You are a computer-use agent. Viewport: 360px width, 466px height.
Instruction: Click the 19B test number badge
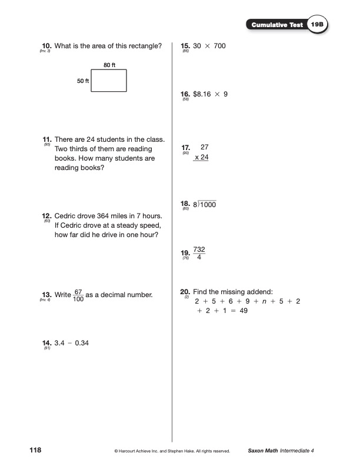318,25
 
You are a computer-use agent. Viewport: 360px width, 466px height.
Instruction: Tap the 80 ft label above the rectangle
109,65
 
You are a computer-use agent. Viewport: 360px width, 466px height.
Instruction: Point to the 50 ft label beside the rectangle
82,81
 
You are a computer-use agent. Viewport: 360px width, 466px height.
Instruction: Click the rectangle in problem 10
109,81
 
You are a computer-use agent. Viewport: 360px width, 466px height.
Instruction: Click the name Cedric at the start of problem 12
67,216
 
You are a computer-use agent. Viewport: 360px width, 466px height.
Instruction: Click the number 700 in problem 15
216,46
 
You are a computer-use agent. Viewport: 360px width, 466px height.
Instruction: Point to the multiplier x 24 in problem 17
201,158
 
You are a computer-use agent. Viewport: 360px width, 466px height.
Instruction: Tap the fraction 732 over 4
199,253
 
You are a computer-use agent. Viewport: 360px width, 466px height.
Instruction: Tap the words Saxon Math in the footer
263,451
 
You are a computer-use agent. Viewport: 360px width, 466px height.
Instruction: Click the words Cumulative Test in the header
276,25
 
